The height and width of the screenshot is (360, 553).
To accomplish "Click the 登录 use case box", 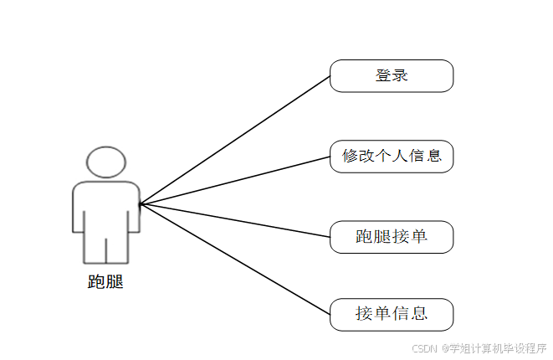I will tap(392, 75).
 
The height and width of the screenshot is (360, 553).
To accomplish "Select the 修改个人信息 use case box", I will tap(392, 156).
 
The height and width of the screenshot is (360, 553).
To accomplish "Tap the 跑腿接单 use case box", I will tap(392, 237).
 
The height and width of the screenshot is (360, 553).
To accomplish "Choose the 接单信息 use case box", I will tap(392, 314).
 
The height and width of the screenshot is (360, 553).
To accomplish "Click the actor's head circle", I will tap(106, 162).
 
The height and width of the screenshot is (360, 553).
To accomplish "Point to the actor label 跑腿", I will tap(105, 282).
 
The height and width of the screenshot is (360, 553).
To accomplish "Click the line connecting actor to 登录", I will tap(234, 140).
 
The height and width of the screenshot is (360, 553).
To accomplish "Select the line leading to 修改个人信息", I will tap(234, 180).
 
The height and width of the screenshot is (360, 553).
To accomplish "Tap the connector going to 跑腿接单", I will tap(234, 219).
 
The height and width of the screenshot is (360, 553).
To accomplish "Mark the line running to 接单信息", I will tap(234, 259).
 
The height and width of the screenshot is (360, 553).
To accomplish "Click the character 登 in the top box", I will tap(383, 75).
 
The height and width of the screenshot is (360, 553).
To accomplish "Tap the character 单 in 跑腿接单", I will tap(419, 237).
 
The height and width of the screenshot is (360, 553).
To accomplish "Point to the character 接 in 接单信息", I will tap(364, 314).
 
